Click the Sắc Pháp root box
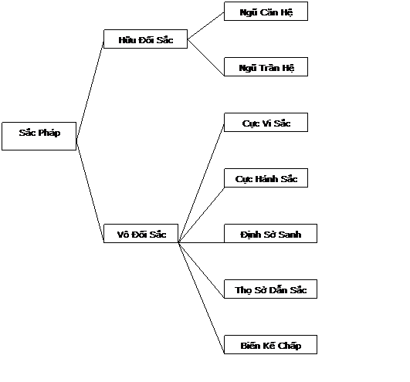[39, 136]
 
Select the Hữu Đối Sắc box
[146, 39]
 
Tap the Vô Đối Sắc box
[141, 233]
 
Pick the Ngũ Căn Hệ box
[266, 12]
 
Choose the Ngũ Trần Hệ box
[266, 67]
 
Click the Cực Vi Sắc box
[266, 122]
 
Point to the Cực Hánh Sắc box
[266, 178]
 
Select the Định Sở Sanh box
[271, 233]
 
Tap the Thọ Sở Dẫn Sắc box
[271, 289]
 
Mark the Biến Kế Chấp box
[271, 345]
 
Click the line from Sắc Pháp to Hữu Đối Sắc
[90, 90]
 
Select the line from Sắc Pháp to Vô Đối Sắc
[90, 189]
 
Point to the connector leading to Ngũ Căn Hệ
[206, 25]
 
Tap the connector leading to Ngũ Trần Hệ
[206, 57]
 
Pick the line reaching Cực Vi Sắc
[202, 184]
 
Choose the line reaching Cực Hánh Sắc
[202, 215]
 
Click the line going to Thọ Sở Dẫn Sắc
[202, 270]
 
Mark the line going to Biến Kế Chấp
[202, 298]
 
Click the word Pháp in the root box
[49, 133]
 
